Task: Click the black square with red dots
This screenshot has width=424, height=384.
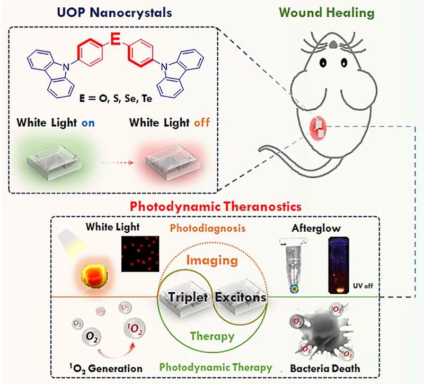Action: tap(140, 253)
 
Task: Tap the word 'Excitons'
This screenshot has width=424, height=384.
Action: tap(240, 297)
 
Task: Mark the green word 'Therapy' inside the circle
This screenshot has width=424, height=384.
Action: tap(213, 336)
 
